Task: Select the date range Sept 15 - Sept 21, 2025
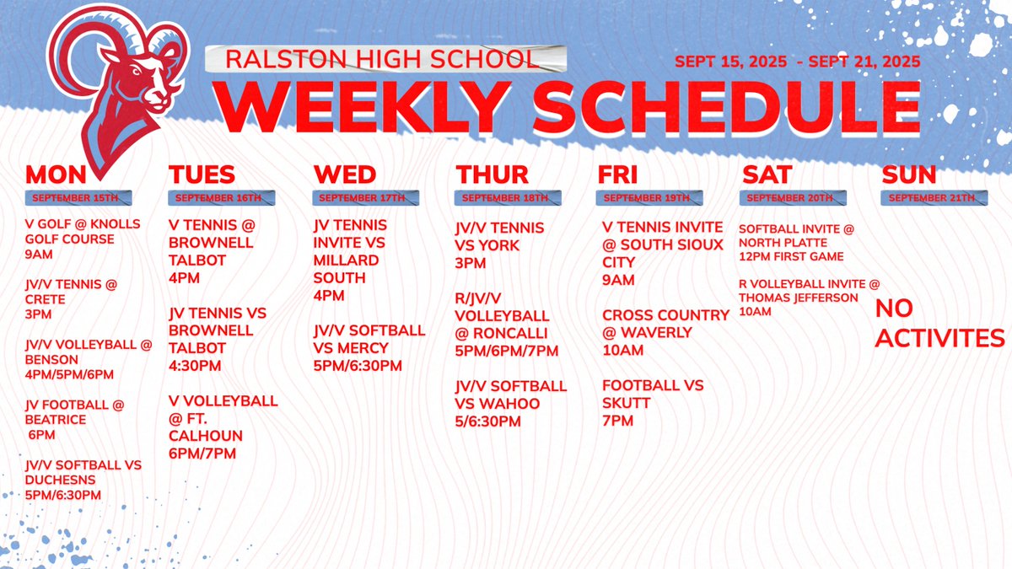point(797,62)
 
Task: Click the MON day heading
point(57,174)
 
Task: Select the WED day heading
point(345,174)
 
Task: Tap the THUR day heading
point(493,174)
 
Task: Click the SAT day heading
point(767,174)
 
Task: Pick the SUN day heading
point(909,174)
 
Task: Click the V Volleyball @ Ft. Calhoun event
point(223,427)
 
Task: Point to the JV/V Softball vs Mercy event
point(369,347)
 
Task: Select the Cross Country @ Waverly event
point(665,332)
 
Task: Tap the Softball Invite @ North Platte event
point(796,242)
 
